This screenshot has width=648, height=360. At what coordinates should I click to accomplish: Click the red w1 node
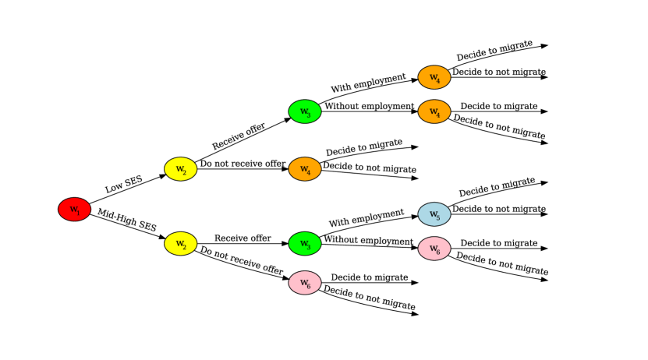[x=74, y=209]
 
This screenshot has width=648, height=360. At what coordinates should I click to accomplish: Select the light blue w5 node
[x=434, y=214]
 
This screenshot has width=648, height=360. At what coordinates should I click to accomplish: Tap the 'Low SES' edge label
[x=123, y=184]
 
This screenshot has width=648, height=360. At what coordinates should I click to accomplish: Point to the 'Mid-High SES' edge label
[x=127, y=221]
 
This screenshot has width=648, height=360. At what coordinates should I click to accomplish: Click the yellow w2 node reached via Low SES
[x=180, y=169]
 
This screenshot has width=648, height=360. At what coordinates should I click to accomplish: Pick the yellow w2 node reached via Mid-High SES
[x=180, y=244]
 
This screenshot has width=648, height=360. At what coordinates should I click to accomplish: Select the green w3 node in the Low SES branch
[x=305, y=111]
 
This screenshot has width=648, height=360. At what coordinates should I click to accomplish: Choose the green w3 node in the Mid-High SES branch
[x=305, y=244]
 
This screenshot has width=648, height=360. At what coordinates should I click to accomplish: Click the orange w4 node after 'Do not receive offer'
[x=305, y=169]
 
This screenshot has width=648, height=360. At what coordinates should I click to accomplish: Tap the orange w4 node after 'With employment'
[x=434, y=77]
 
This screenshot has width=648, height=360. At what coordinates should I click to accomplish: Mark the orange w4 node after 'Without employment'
[x=434, y=112]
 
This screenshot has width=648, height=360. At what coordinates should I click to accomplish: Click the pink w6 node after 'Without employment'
[x=434, y=249]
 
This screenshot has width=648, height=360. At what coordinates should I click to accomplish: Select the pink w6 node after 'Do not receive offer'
[x=305, y=282]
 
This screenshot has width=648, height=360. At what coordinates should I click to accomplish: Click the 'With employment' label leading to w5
[x=366, y=217]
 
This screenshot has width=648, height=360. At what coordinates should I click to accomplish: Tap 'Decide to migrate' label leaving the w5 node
[x=497, y=188]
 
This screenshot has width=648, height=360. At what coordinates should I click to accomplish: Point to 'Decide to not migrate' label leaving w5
[x=499, y=209]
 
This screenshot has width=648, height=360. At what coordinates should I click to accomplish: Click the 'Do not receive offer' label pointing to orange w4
[x=243, y=164]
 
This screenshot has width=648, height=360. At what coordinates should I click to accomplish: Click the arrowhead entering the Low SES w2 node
[x=161, y=175]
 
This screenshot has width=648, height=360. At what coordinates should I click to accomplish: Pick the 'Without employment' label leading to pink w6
[x=369, y=240]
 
